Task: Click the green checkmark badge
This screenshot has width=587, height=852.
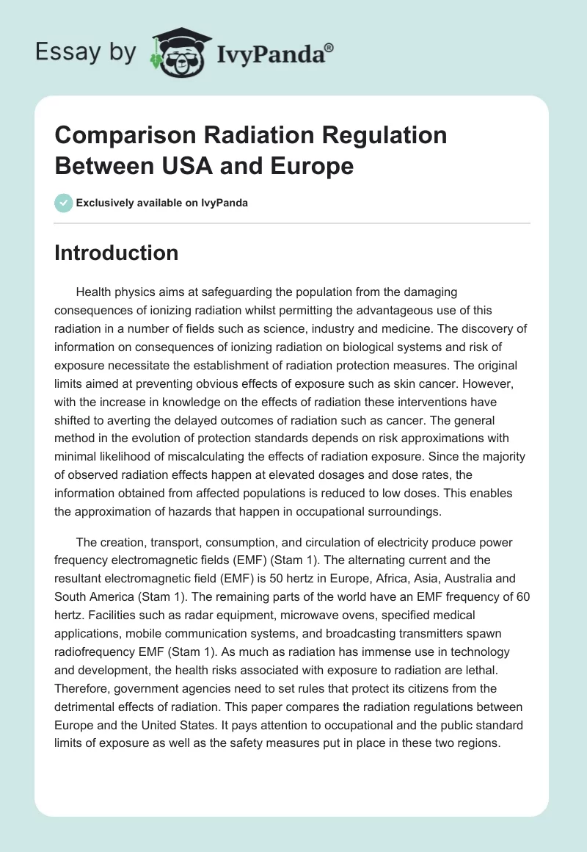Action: [x=64, y=203]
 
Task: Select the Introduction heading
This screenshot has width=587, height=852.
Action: [x=117, y=253]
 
